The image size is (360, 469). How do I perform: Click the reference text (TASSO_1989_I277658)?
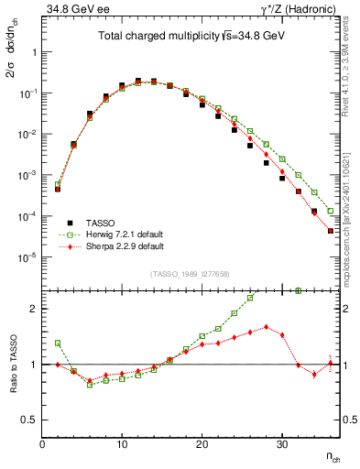[191, 274]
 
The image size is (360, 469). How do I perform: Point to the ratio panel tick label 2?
[32, 309]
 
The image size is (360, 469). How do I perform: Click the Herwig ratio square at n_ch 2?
[57, 343]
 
